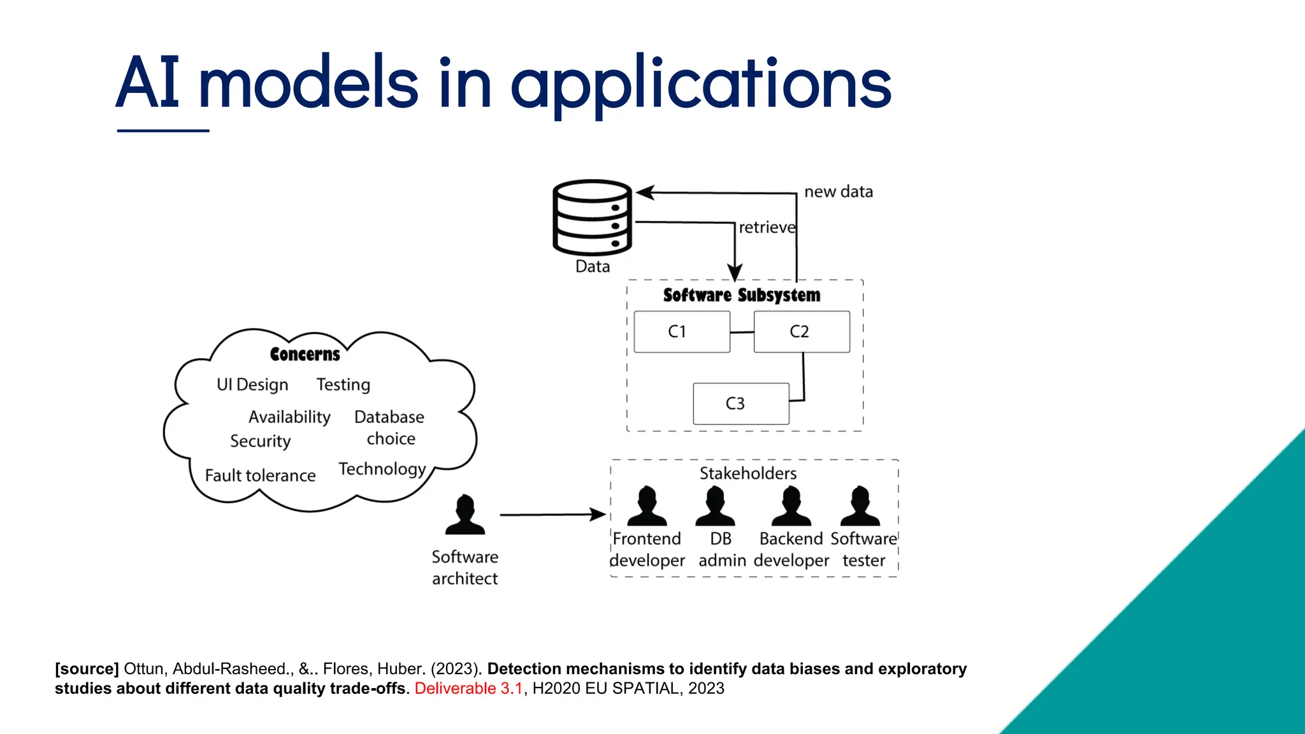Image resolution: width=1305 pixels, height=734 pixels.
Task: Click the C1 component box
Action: [682, 332]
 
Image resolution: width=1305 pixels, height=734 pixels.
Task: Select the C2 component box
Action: [801, 332]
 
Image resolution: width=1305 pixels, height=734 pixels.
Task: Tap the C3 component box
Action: [740, 403]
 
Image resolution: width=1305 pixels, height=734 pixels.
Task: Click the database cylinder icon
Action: [592, 217]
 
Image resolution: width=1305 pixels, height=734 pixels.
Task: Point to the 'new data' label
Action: [838, 192]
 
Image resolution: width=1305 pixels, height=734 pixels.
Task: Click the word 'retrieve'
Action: [767, 227]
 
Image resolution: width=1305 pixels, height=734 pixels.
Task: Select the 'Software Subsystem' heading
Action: [741, 295]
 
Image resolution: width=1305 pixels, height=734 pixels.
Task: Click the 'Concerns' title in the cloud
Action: [305, 354]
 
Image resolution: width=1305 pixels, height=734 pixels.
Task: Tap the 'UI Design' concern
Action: [252, 385]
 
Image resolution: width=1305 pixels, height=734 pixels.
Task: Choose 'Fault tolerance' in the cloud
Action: [260, 475]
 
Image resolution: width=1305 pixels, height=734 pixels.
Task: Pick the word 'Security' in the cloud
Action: [260, 441]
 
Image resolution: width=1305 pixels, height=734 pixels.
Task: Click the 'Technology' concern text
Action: [382, 469]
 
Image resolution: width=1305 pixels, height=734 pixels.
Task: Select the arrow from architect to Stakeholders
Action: [552, 514]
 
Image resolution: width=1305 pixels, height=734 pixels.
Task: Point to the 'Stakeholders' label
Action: [747, 473]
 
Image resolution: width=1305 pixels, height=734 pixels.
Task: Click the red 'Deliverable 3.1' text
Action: [468, 688]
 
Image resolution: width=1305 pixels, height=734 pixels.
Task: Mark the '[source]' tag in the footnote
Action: [87, 669]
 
